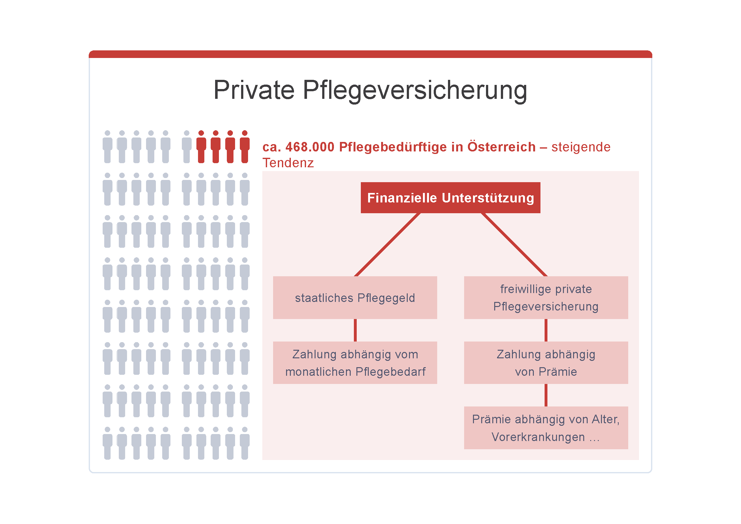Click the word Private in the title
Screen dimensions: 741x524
pyautogui.click(x=254, y=90)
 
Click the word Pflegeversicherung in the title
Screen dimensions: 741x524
pyautogui.click(x=415, y=91)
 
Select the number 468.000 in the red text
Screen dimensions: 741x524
pyautogui.click(x=310, y=147)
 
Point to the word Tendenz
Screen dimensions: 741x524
pyautogui.click(x=288, y=163)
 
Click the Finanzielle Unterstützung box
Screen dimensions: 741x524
pyautogui.click(x=450, y=198)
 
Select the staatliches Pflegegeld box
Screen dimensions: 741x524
pyautogui.click(x=355, y=297)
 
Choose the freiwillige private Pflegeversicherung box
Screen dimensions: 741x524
pyautogui.click(x=546, y=297)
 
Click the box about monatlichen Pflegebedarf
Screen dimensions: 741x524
pyautogui.click(x=355, y=363)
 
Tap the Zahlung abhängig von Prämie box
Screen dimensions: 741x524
pyautogui.click(x=546, y=363)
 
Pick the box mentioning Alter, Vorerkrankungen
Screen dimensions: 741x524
pyautogui.click(x=546, y=428)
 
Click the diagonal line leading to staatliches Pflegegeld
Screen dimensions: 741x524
pyautogui.click(x=387, y=245)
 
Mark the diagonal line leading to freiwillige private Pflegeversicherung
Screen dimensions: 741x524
pyautogui.click(x=514, y=245)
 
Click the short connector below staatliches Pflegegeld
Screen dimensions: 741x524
pyautogui.click(x=355, y=330)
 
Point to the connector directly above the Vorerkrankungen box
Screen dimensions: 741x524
pyautogui.click(x=546, y=395)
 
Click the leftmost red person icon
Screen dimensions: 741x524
pyautogui.click(x=201, y=147)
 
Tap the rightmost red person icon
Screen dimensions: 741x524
pyautogui.click(x=245, y=147)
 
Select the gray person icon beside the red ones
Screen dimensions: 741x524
pyautogui.click(x=187, y=147)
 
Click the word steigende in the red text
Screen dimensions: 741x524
pyautogui.click(x=581, y=147)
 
